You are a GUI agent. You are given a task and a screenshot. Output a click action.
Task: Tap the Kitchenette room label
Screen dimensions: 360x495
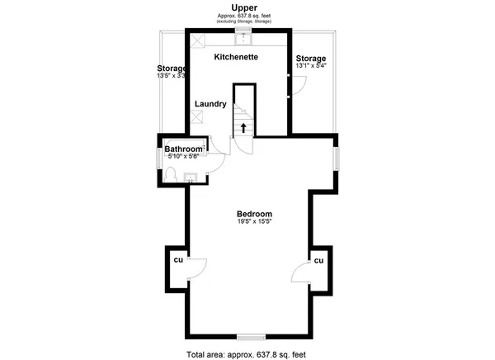pyautogui.click(x=237, y=57)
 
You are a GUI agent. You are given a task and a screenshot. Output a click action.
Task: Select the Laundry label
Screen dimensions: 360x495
pyautogui.click(x=210, y=104)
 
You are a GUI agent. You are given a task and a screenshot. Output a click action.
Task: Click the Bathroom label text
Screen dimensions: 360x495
pyautogui.click(x=182, y=149)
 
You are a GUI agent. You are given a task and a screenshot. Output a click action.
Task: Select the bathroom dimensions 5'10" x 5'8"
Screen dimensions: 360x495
pyautogui.click(x=182, y=157)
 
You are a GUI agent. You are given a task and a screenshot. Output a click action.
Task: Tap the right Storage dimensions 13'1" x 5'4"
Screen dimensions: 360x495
pyautogui.click(x=311, y=67)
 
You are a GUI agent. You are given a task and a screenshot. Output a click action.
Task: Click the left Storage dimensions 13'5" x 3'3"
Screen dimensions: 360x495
pyautogui.click(x=172, y=76)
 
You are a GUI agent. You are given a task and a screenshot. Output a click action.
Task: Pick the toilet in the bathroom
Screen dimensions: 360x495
pyautogui.click(x=171, y=173)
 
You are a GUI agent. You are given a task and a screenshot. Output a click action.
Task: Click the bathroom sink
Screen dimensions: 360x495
pyautogui.click(x=189, y=175)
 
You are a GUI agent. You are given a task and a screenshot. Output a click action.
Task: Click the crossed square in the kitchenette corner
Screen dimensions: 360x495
pyautogui.click(x=198, y=40)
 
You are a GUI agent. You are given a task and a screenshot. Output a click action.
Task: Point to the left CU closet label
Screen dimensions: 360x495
pyautogui.click(x=177, y=260)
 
